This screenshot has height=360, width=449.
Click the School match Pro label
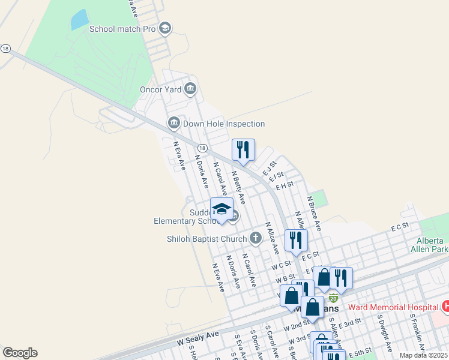coord(122,28)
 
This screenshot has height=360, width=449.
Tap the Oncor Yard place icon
coord(191,89)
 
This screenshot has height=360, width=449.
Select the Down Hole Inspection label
coord(224,124)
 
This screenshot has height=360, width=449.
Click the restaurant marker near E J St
coord(243,150)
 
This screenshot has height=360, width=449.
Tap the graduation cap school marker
coord(221,209)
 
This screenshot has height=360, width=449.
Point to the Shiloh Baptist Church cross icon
coord(256,238)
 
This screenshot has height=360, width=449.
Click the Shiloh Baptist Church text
coord(206,239)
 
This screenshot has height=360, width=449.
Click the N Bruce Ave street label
coord(314,213)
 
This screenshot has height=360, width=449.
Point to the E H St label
coord(285,185)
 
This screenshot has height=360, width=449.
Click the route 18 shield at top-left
coord(5,49)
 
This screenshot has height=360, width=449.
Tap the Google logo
coord(20,353)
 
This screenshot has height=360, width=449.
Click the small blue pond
coord(79,20)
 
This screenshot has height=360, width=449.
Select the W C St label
coord(281,265)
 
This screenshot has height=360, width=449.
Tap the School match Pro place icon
coord(165,28)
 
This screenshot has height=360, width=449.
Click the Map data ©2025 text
coord(424,355)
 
